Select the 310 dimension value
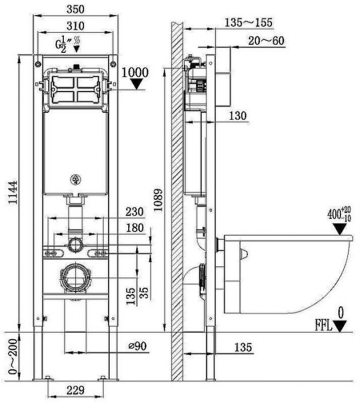point(75,25)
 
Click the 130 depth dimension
point(238,116)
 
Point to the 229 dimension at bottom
point(76,390)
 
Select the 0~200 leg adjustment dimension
point(8,357)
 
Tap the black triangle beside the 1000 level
point(136,85)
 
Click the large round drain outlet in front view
point(75,277)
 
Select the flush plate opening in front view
point(75,89)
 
